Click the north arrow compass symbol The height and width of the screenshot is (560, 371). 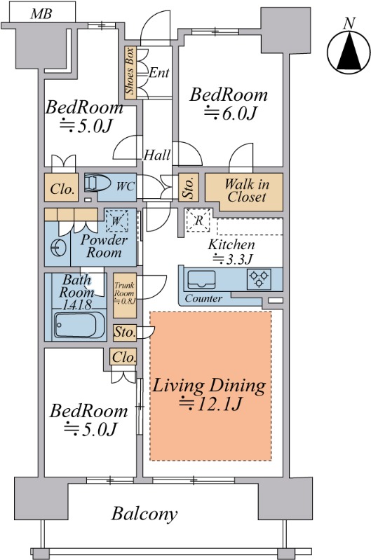349,52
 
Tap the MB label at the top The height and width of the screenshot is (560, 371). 41,14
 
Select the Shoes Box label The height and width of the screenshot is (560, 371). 130,71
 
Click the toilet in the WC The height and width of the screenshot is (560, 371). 98,183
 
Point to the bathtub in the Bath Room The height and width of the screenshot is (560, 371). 76,325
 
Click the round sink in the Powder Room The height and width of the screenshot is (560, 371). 58,248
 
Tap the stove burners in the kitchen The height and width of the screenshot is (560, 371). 259,279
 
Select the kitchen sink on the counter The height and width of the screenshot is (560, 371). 201,279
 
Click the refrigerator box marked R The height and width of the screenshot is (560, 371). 198,220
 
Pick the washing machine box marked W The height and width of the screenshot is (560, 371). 116,220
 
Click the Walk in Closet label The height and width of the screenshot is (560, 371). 247,190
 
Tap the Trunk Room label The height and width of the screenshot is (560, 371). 125,293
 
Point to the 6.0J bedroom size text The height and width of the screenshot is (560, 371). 231,113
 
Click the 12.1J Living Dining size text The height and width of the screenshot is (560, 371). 210,404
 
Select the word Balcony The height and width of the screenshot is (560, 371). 144,514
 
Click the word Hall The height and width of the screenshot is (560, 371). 157,155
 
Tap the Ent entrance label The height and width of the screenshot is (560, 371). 158,73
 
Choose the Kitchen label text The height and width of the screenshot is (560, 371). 231,245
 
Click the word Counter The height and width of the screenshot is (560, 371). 203,298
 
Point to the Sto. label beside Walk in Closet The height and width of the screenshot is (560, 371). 189,187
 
